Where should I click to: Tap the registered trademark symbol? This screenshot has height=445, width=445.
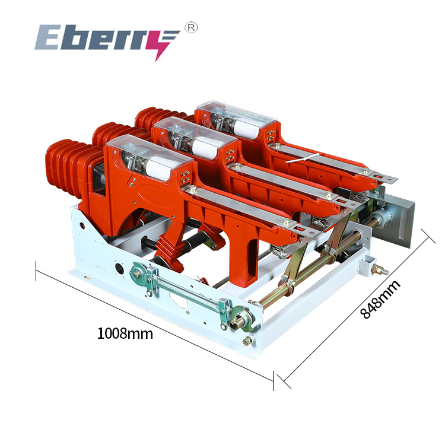[192, 27]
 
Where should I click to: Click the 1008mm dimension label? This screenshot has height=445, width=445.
[125, 333]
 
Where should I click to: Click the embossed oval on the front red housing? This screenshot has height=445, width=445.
[158, 196]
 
